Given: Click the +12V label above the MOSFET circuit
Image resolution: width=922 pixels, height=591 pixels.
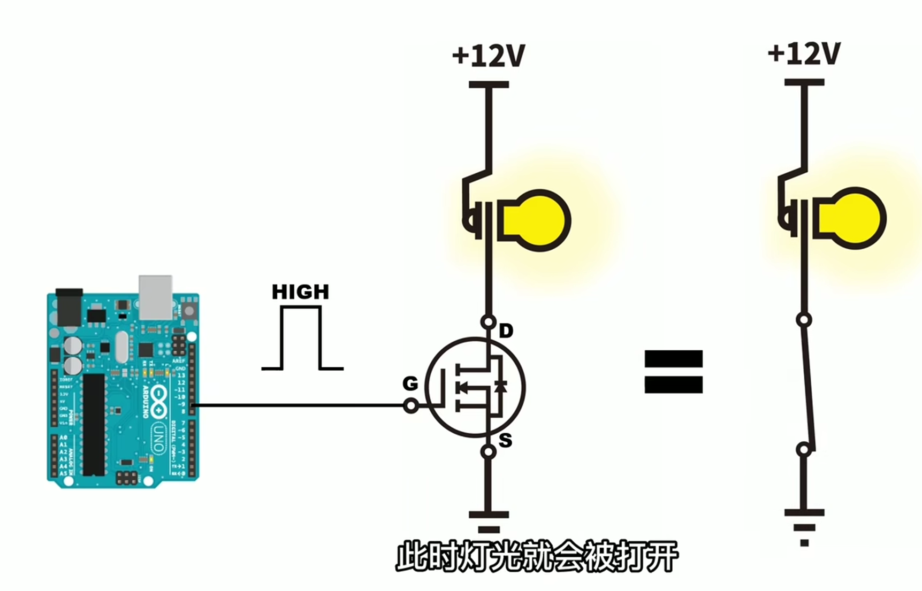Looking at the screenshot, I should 489,56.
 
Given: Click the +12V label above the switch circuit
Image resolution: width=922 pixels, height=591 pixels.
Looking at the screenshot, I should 804,54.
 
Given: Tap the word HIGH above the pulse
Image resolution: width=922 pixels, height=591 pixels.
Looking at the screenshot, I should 300,292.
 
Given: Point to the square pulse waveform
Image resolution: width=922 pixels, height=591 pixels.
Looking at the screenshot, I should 301,338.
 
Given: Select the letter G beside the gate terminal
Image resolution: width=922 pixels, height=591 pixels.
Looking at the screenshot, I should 410,383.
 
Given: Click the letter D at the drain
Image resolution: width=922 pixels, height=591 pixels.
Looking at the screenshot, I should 506,332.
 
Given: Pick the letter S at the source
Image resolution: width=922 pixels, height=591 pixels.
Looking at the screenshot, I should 505,441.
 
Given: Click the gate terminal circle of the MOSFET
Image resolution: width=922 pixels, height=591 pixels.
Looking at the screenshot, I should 410,406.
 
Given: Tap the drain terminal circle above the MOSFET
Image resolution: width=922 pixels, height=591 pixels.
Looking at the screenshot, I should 488,322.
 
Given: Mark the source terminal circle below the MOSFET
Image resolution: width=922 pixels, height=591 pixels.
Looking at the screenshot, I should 488,452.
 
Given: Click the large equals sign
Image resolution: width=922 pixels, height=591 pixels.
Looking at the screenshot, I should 673,372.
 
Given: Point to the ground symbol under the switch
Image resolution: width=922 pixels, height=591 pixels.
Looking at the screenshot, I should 804,527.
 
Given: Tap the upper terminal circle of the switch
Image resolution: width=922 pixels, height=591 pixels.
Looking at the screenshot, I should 804,320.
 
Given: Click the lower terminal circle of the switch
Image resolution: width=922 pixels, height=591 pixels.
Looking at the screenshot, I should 804,450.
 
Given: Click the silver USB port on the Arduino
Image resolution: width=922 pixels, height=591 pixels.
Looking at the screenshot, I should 155,297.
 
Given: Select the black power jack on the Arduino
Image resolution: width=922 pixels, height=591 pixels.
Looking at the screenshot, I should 70,308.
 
